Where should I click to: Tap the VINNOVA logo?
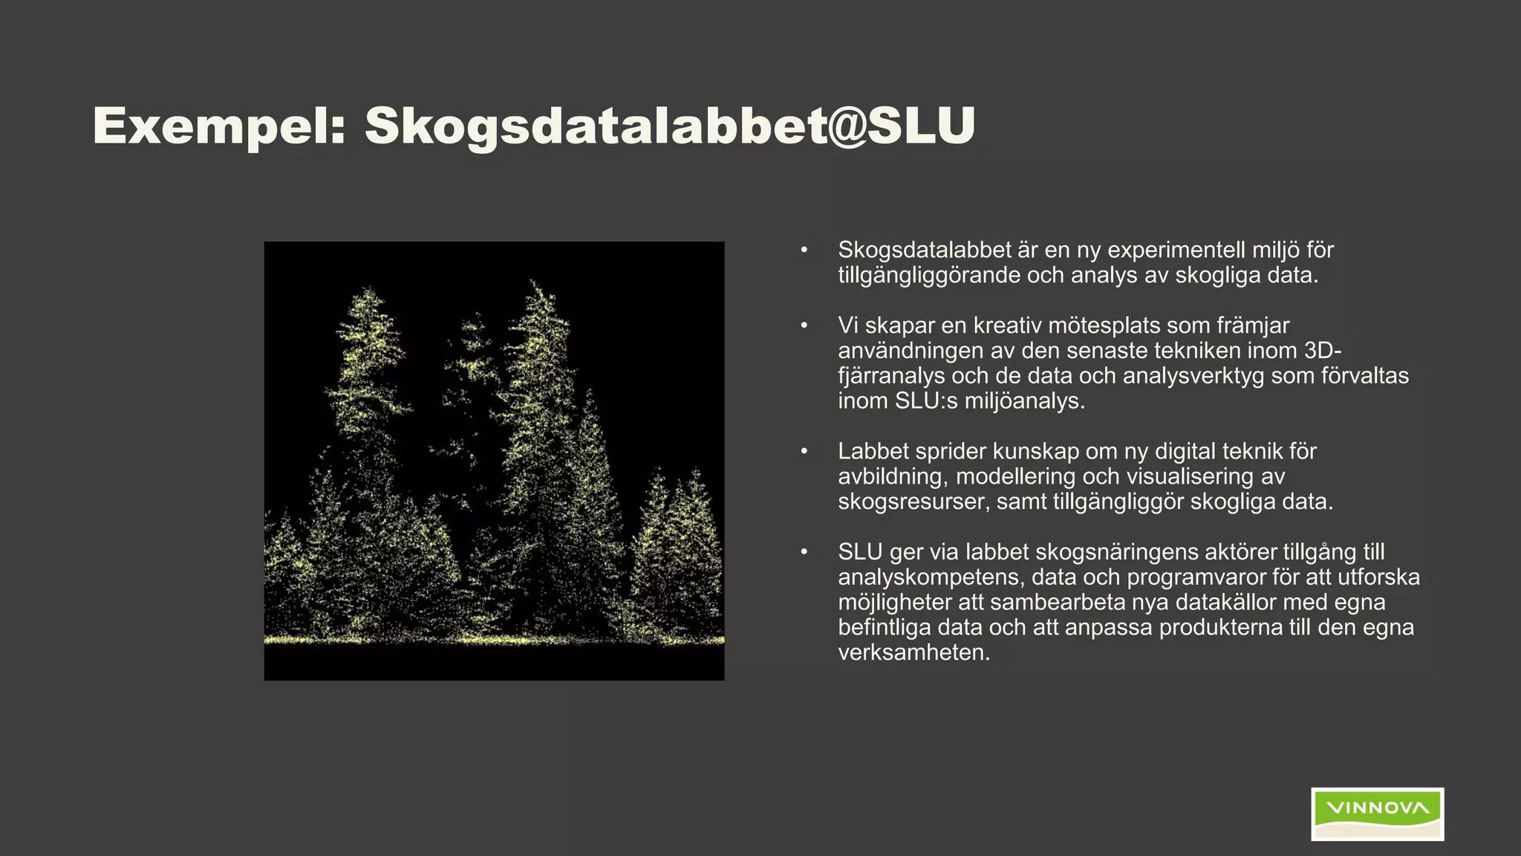click(1377, 814)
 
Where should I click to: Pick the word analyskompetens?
click(927, 577)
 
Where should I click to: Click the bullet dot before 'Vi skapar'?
click(804, 325)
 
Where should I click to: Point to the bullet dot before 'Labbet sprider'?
click(804, 451)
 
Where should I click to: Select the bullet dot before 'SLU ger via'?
click(804, 552)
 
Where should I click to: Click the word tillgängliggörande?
click(928, 276)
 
